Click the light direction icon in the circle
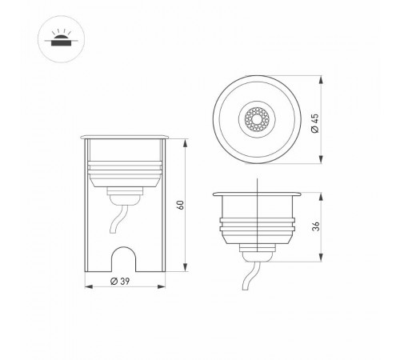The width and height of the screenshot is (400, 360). pyautogui.click(x=59, y=39)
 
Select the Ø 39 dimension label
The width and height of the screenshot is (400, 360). pyautogui.click(x=118, y=281)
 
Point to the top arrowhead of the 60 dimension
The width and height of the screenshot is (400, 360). pyautogui.click(x=186, y=142)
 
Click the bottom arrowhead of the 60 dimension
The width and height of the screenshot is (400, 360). pyautogui.click(x=186, y=268)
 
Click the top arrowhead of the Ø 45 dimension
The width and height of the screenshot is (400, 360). pyautogui.click(x=322, y=78)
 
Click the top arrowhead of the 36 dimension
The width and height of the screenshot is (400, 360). pyautogui.click(x=322, y=193)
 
